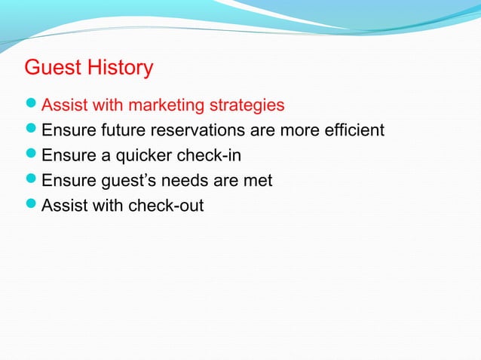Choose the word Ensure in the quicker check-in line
[66, 156]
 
